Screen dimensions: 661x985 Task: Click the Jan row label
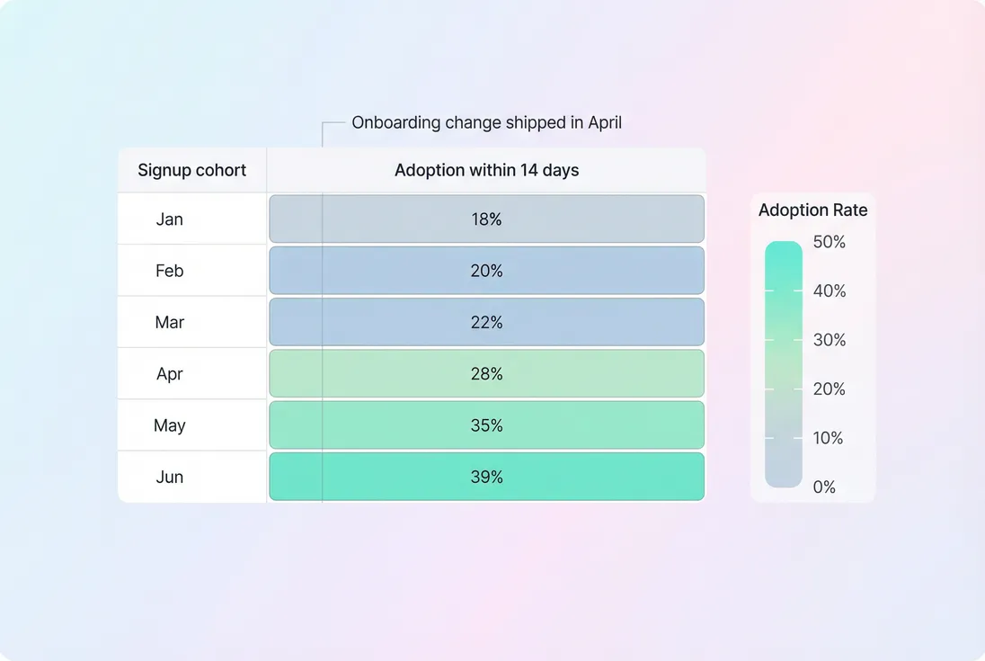tap(169, 219)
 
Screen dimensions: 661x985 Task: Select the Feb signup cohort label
tap(169, 271)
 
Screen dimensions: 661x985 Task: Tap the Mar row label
tap(169, 322)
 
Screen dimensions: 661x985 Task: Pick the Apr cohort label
tap(169, 374)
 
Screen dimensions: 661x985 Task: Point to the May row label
tap(169, 425)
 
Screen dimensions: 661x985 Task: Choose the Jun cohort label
tap(169, 477)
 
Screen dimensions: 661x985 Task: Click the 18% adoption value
tap(486, 219)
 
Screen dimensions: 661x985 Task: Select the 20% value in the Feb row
tap(486, 271)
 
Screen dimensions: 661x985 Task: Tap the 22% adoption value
tap(486, 322)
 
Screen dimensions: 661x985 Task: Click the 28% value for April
tap(486, 374)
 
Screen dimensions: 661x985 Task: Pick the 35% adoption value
tap(486, 425)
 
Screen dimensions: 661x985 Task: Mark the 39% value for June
tap(486, 477)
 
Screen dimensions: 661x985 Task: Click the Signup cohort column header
tap(191, 171)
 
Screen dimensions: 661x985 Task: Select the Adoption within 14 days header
tap(486, 171)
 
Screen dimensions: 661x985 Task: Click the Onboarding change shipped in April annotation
tap(486, 122)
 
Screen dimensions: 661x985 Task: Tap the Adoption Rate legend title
tap(812, 210)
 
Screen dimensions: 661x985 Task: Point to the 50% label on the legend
tap(829, 242)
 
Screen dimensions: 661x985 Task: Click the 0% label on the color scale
tap(824, 487)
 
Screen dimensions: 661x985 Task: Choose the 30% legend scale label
tap(829, 340)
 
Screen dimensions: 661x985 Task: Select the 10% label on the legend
tap(829, 438)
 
